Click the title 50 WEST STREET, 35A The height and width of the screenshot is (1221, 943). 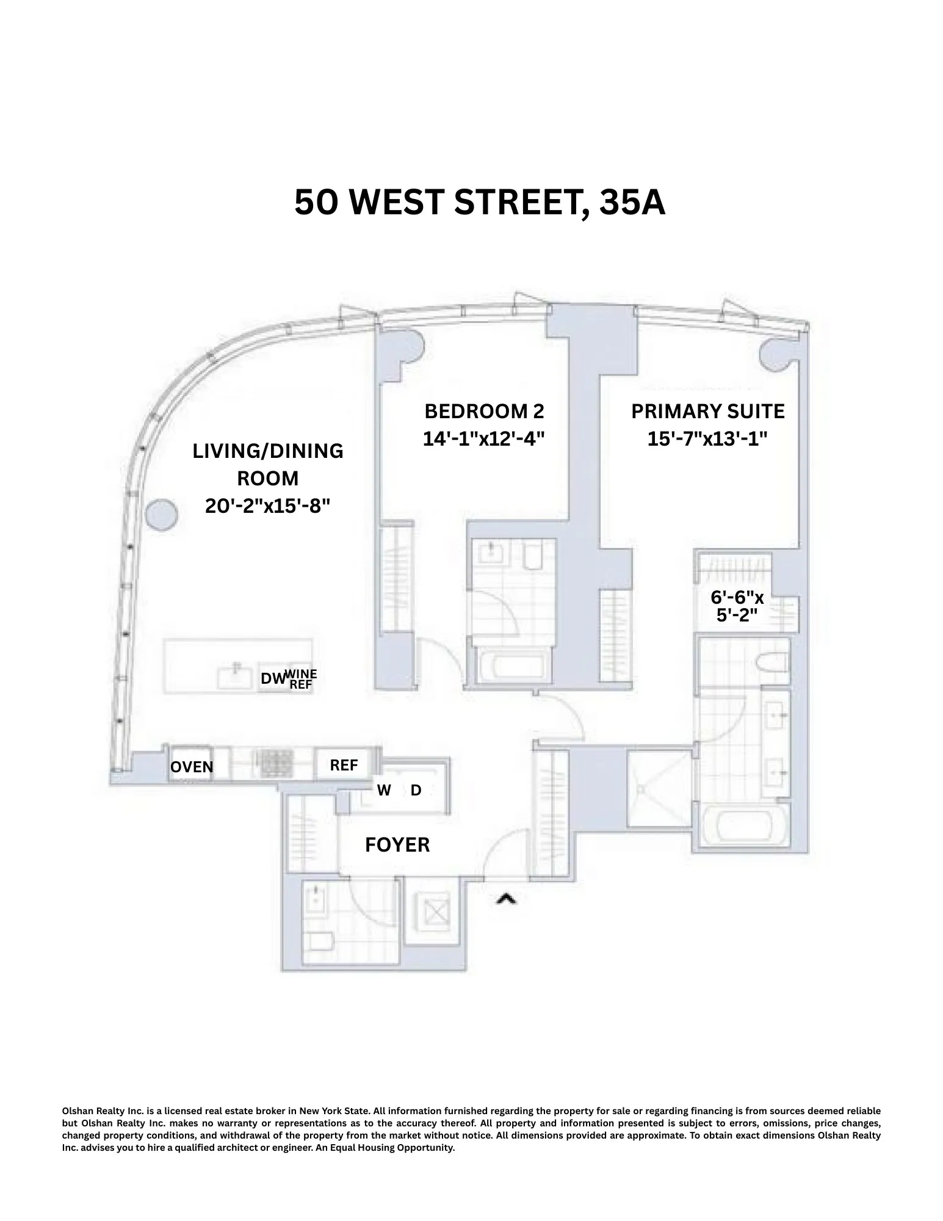tap(480, 202)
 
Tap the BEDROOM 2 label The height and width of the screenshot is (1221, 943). tap(483, 411)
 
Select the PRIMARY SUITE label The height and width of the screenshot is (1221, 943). tap(707, 411)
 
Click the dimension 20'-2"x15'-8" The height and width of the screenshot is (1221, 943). tap(267, 505)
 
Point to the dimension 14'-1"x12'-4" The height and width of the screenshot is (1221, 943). tap(483, 438)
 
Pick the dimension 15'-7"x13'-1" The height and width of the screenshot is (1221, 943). tap(707, 438)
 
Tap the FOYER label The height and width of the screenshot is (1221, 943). tap(397, 845)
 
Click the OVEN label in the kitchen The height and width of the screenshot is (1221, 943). tap(192, 767)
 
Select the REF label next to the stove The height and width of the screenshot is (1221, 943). tap(344, 765)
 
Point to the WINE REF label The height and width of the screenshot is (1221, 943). tap(302, 679)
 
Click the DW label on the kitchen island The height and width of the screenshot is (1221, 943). tap(273, 678)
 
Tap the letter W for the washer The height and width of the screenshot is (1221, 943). tap(384, 791)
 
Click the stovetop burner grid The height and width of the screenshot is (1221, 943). tap(277, 764)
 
